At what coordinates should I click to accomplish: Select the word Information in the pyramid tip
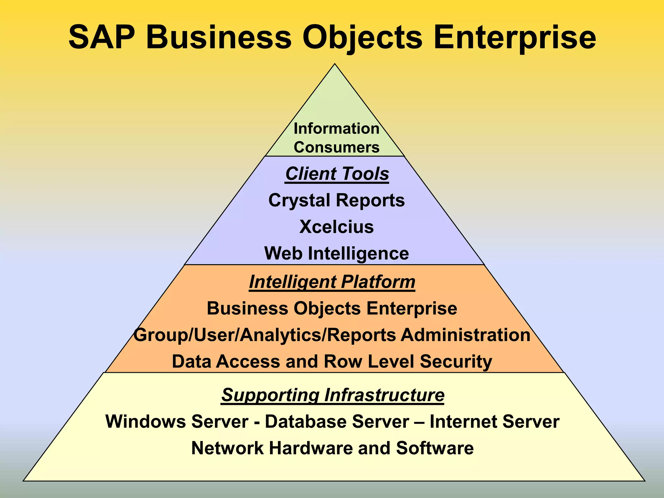(x=337, y=128)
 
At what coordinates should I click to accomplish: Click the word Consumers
(x=337, y=147)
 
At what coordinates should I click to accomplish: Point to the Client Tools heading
(x=337, y=174)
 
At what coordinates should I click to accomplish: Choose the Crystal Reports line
(x=337, y=200)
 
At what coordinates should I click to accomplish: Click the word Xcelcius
(x=337, y=227)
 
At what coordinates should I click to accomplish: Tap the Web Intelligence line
(x=337, y=253)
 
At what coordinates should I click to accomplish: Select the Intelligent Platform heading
(x=332, y=282)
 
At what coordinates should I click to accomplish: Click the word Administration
(x=466, y=335)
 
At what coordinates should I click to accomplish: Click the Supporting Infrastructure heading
(x=333, y=395)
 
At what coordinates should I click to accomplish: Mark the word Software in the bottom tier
(x=434, y=448)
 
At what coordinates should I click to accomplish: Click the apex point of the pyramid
(x=335, y=65)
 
